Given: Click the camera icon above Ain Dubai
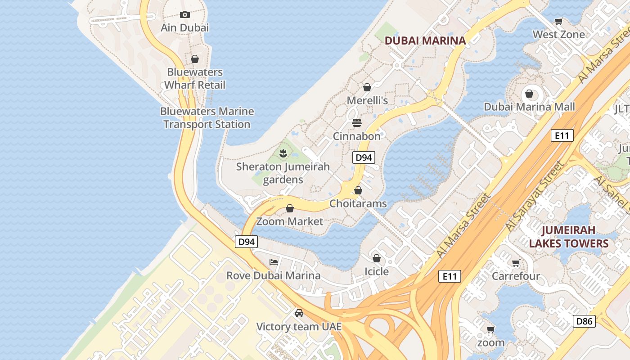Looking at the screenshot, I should (184, 14).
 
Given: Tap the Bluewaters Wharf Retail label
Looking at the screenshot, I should (194, 78).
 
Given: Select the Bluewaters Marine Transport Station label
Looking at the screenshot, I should (207, 117).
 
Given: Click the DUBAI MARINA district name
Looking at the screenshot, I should (425, 40).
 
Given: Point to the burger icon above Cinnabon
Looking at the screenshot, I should (357, 123).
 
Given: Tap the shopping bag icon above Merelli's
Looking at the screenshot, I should (367, 87).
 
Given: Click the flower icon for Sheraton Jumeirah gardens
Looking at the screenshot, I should (283, 153).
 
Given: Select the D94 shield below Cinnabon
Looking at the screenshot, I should (363, 157).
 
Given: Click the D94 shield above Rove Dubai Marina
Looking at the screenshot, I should (246, 242).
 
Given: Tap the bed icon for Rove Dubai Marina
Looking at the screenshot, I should (273, 262).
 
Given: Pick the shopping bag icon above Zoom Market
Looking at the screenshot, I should (290, 208).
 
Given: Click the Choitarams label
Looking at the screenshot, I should (358, 203).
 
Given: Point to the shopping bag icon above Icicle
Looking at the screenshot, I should (376, 258).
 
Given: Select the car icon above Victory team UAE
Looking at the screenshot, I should (299, 313).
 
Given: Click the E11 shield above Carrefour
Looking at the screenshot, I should (450, 276).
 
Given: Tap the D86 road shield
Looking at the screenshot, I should (584, 321).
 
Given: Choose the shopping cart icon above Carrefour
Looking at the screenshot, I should (516, 263).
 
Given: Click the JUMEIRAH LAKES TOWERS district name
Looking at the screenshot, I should (568, 237).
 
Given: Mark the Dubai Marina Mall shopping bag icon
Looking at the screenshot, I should (529, 94).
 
